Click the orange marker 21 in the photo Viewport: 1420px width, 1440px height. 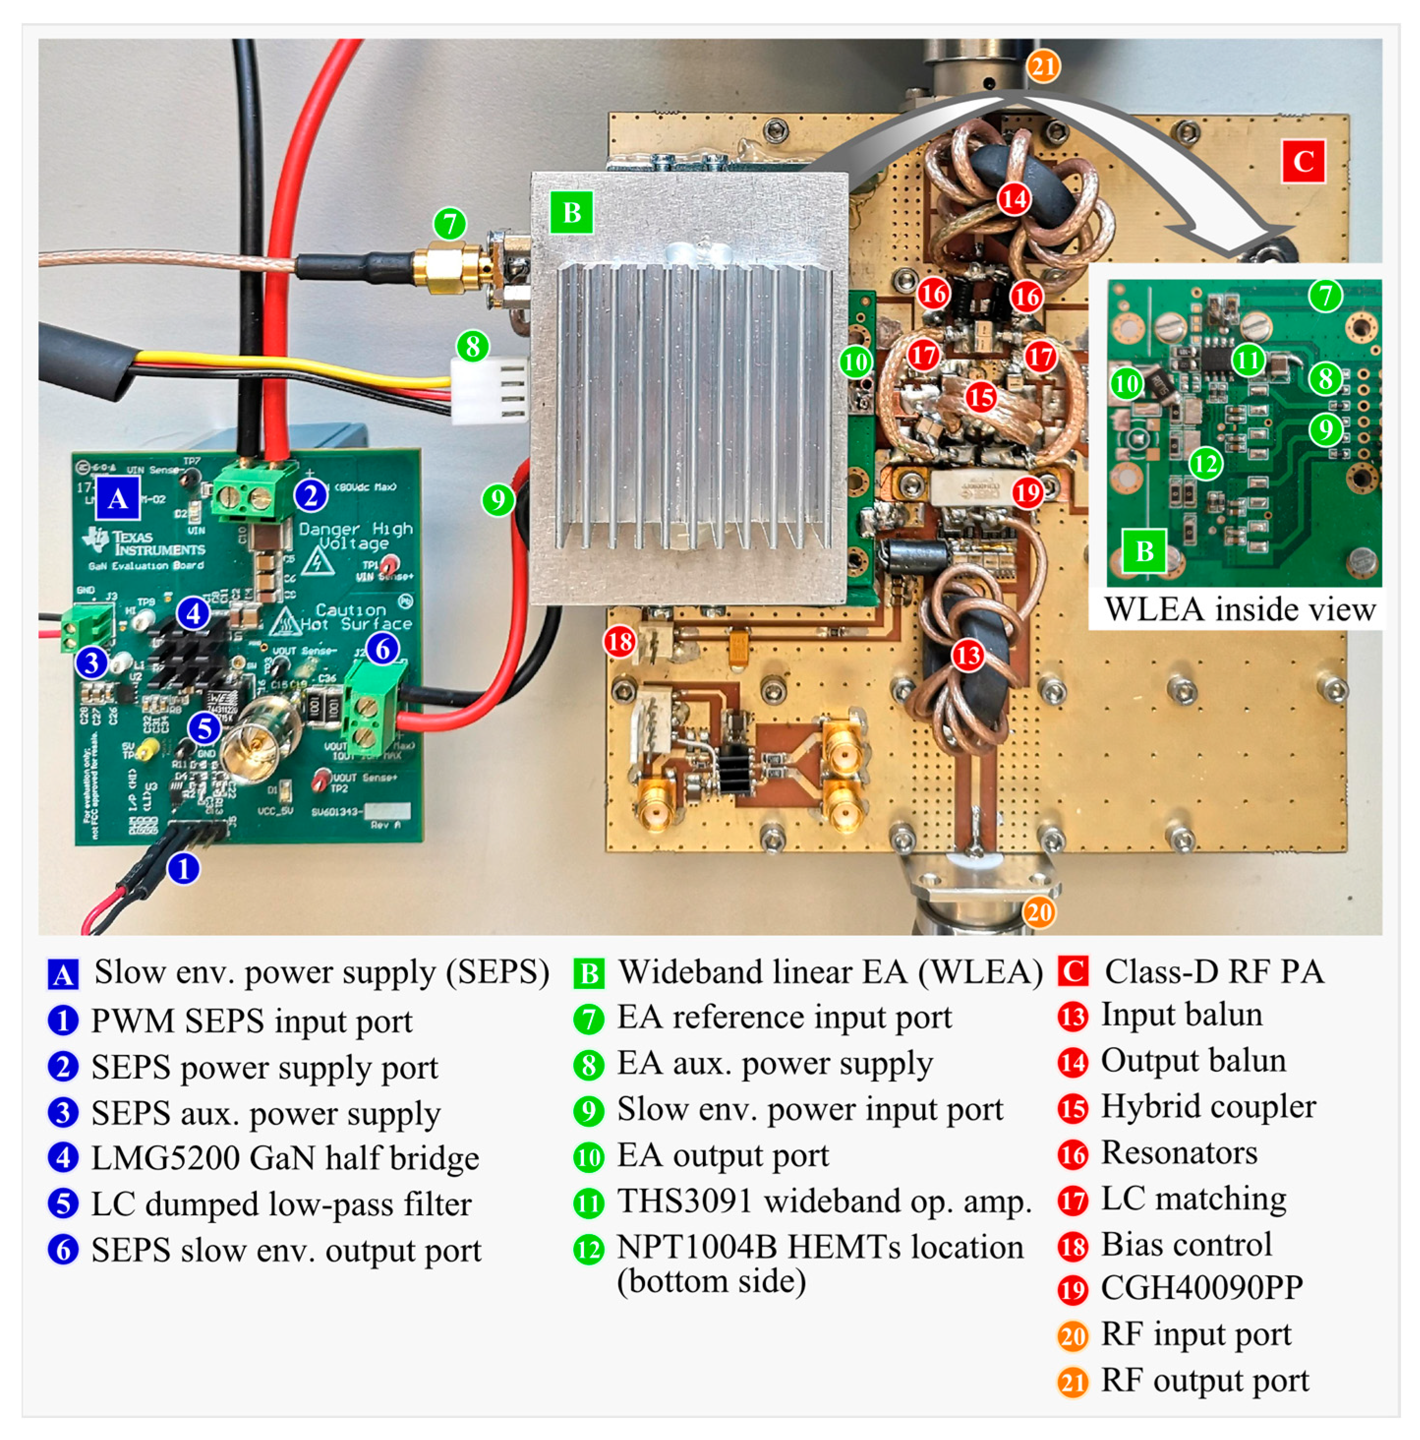tap(1043, 67)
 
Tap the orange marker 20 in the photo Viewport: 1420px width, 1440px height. tap(1039, 912)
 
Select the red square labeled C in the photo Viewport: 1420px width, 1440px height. tap(1303, 161)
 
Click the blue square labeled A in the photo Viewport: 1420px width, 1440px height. tap(117, 498)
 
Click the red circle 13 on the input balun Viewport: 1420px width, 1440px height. tap(968, 655)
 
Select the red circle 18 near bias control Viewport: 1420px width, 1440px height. tap(620, 641)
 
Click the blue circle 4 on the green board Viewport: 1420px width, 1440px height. tap(194, 613)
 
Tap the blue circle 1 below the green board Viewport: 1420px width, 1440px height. tap(183, 868)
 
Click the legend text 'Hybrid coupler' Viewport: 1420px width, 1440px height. tap(1208, 1106)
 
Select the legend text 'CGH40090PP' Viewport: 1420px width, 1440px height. tap(1201, 1288)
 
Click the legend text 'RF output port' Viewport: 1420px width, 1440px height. tap(1204, 1380)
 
